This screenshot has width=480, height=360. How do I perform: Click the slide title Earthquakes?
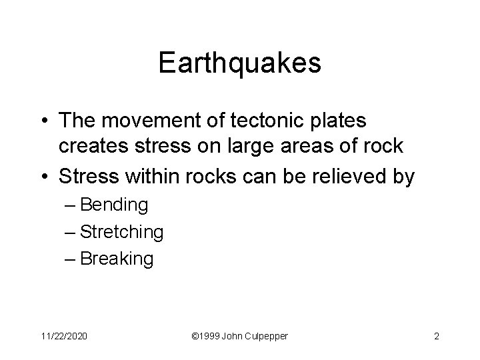point(240,63)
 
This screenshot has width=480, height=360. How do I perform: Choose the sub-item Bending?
point(113,205)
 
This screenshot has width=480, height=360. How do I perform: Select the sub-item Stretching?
point(121,231)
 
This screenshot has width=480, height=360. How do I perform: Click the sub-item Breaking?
point(116,258)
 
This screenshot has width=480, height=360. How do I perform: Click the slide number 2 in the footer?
point(436,336)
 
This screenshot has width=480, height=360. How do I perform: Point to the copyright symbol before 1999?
point(195,336)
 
